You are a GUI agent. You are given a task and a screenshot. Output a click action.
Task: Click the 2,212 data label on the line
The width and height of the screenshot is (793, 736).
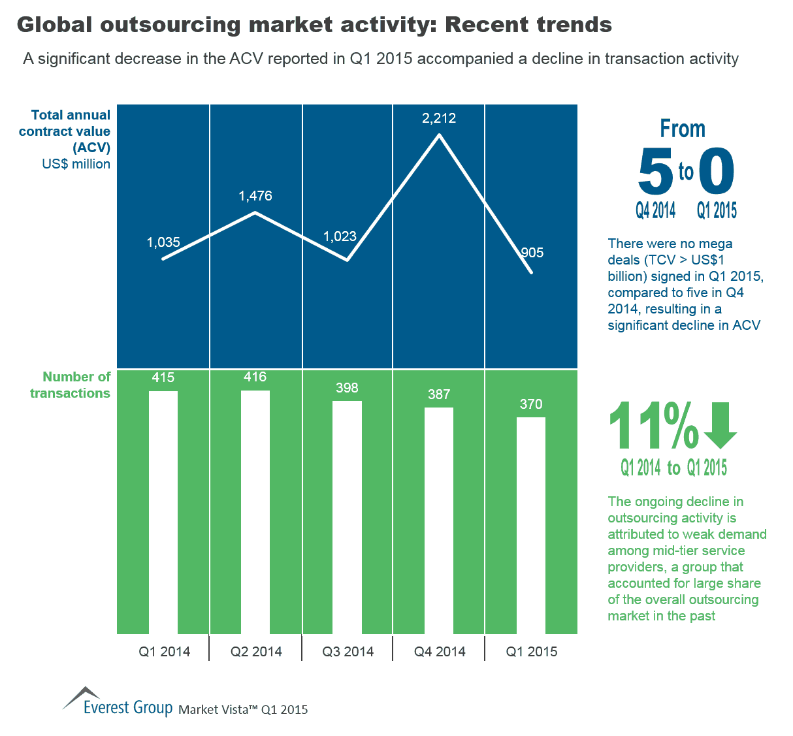click(439, 118)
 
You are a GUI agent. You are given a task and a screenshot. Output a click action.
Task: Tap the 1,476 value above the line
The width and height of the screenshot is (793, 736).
click(255, 196)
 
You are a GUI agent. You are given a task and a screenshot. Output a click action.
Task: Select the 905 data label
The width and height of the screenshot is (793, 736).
click(532, 253)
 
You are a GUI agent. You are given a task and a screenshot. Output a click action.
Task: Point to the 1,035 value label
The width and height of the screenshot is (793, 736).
click(163, 242)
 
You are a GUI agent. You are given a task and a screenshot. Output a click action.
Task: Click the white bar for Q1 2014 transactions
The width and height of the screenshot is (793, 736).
click(163, 513)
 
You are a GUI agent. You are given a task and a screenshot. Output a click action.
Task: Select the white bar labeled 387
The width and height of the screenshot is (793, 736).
click(439, 520)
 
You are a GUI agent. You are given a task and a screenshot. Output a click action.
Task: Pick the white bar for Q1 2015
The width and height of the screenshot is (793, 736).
click(531, 526)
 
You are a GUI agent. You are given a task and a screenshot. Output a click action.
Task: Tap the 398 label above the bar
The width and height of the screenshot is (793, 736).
click(347, 388)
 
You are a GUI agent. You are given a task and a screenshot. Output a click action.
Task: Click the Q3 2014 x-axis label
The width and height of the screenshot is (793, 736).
click(348, 652)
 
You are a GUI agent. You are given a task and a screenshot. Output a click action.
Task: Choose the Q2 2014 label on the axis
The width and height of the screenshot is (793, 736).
click(256, 652)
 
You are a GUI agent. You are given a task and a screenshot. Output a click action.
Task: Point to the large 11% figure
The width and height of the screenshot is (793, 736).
click(653, 426)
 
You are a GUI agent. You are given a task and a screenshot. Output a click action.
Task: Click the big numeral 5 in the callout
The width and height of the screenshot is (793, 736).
click(655, 172)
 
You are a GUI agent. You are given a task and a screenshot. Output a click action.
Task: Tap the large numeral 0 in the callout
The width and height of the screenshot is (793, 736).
click(717, 170)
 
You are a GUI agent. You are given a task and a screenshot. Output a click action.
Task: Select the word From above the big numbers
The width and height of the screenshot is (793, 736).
click(683, 129)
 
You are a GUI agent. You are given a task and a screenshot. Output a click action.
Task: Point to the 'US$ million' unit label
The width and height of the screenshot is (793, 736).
click(76, 164)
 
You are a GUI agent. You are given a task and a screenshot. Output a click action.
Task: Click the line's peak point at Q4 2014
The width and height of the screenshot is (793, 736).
click(439, 135)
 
